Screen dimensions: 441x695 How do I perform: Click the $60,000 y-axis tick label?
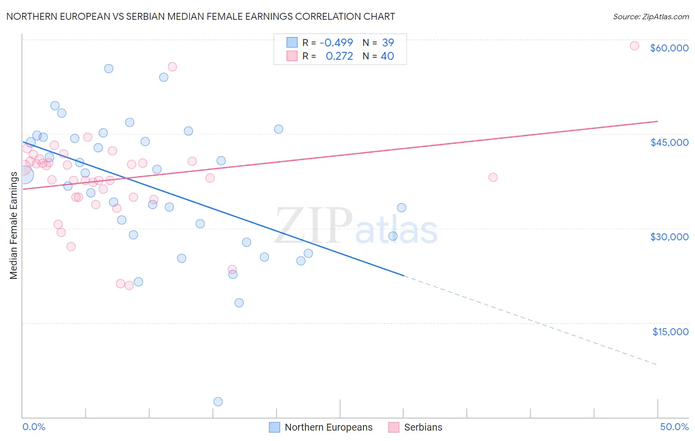click(669, 48)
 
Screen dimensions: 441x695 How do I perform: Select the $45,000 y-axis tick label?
click(669, 142)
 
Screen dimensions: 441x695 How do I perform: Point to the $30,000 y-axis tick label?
click(669, 237)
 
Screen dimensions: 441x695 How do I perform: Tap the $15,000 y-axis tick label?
click(670, 332)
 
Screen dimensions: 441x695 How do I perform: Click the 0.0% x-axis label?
click(34, 427)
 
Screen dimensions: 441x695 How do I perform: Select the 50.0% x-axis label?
click(674, 427)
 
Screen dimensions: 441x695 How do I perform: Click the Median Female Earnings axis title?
click(14, 225)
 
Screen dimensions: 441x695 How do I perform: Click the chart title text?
click(201, 16)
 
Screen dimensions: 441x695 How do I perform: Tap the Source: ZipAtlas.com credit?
click(651, 17)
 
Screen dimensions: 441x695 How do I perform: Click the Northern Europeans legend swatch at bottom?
click(274, 427)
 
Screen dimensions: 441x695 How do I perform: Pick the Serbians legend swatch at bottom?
click(393, 427)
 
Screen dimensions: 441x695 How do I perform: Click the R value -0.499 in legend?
click(336, 43)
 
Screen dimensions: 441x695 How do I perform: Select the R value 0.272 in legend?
click(339, 56)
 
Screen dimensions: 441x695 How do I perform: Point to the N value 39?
click(388, 43)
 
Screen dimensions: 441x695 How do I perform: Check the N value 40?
click(388, 56)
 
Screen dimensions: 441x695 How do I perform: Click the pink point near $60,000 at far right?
click(634, 46)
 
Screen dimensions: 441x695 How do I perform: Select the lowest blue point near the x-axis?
click(218, 401)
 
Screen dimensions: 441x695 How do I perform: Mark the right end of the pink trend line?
click(657, 121)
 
